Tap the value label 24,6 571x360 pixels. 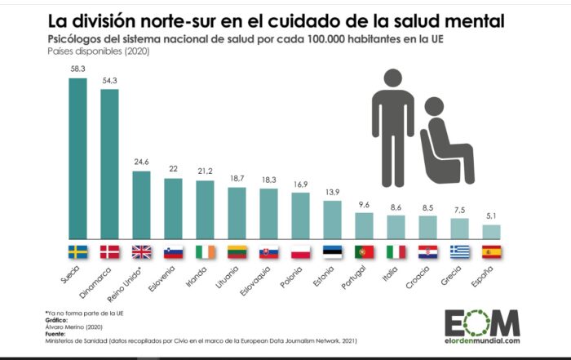click(141, 162)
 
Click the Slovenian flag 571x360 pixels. click(173, 251)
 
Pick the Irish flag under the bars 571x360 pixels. click(206, 251)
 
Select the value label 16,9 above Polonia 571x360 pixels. click(300, 184)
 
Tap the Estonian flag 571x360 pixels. click(333, 251)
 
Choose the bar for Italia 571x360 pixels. click(396, 225)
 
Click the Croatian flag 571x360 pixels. click(428, 251)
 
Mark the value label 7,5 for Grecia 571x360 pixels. click(460, 210)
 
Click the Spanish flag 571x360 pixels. click(492, 251)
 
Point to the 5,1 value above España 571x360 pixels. click(492, 216)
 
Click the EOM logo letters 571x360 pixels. click(481, 321)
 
